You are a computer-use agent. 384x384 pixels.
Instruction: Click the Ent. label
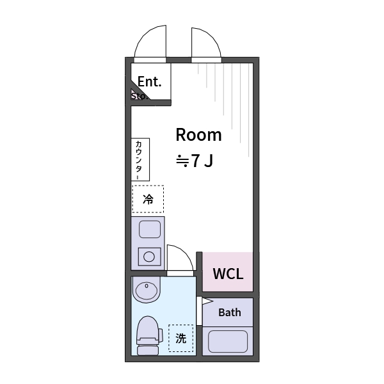tap(150, 81)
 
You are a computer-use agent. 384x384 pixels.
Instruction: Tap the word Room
tap(198, 135)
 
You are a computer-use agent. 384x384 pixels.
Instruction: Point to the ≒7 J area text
tap(194, 161)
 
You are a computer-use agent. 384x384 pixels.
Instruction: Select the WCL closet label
tap(228, 274)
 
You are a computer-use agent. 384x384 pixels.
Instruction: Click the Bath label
tap(230, 312)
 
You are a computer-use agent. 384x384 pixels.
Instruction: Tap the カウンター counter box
tap(140, 159)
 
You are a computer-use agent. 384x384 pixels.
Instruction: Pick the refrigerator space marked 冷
tap(148, 199)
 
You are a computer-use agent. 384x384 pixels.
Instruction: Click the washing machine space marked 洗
tap(181, 339)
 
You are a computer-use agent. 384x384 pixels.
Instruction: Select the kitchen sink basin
tap(150, 228)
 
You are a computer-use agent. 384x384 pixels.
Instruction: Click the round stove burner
tap(149, 257)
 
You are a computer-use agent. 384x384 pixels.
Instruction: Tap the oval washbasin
tap(147, 292)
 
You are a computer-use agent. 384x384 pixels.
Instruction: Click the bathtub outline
tap(228, 341)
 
